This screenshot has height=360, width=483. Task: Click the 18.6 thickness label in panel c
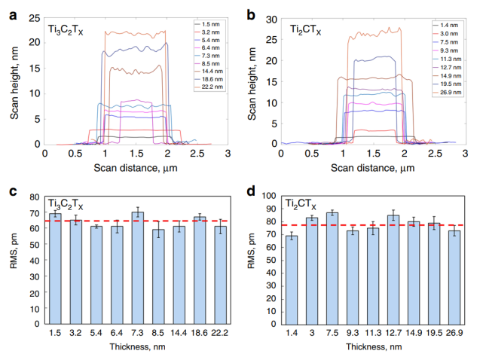pyautogui.click(x=199, y=331)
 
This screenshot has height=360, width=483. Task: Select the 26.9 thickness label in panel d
pyautogui.click(x=454, y=331)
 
